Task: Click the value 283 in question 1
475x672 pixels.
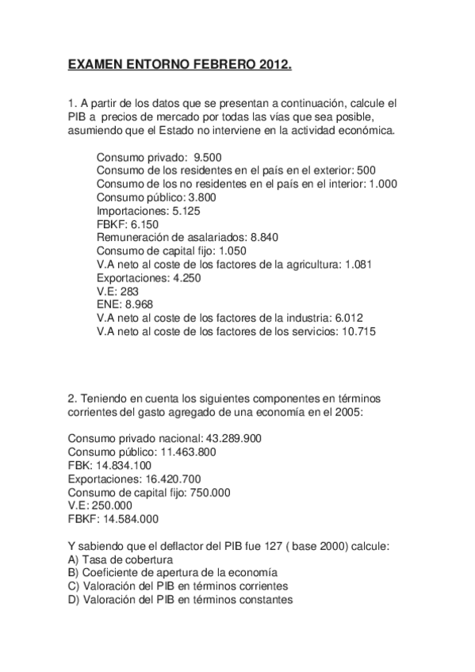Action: tap(130, 291)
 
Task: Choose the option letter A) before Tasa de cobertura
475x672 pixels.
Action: tap(74, 559)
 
